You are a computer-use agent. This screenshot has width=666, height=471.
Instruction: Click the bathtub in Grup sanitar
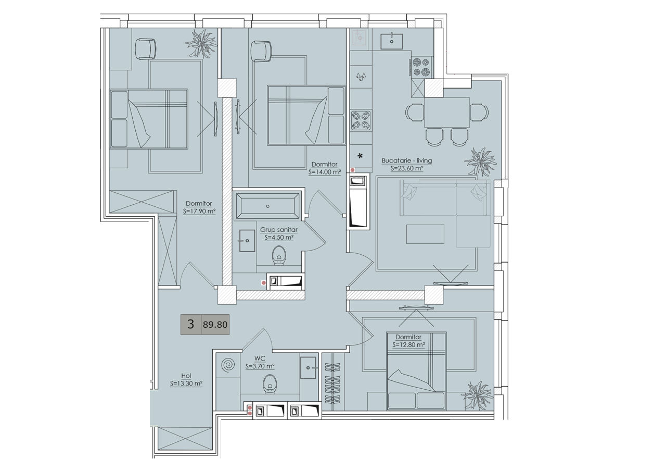(267, 206)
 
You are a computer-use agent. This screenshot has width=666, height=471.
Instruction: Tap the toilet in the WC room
(270, 384)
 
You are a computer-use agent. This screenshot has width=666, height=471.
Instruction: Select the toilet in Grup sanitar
(279, 255)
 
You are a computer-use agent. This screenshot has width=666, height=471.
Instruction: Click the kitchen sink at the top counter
(392, 41)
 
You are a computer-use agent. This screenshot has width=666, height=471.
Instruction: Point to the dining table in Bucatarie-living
(447, 113)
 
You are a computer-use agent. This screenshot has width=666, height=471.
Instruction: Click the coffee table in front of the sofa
(425, 234)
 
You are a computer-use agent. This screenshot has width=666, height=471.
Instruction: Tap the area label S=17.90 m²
(199, 212)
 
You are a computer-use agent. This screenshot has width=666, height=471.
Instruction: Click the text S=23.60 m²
(407, 168)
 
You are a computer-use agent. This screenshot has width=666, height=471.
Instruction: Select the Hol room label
(186, 376)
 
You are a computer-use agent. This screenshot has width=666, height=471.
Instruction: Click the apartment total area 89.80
(215, 325)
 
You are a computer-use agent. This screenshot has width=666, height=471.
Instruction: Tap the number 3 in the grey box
(190, 324)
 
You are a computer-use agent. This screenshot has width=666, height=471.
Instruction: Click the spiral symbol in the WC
(228, 365)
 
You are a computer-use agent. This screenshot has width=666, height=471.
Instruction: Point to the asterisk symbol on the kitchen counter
(361, 156)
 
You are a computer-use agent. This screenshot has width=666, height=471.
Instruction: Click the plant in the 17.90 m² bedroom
(201, 43)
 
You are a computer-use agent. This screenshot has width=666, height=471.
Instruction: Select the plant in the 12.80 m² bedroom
(478, 395)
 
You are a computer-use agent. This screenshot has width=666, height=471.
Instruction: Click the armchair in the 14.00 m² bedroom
(261, 51)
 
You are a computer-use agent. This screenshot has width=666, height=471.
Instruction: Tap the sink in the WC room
(308, 368)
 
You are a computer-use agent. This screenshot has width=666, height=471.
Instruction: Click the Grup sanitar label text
(278, 230)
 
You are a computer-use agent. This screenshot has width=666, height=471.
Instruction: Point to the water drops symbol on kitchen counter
(361, 77)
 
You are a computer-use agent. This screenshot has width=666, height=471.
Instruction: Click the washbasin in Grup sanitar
(247, 241)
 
